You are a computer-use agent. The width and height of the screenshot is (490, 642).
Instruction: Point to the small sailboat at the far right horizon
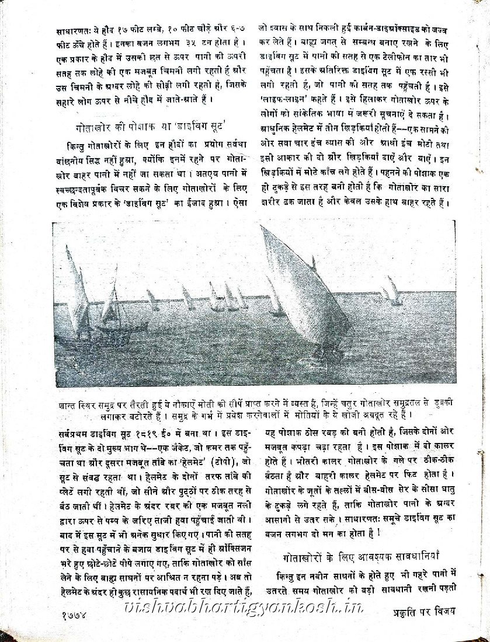[x=392, y=290]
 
